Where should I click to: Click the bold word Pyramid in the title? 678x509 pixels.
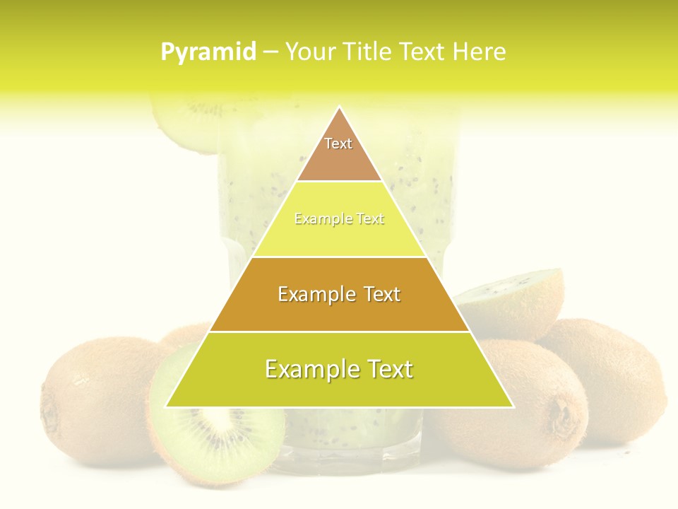(208, 52)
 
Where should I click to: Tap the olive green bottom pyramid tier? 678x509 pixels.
(339, 378)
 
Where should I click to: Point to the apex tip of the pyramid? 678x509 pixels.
(340, 108)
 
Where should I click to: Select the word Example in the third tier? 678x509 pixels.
(309, 294)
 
